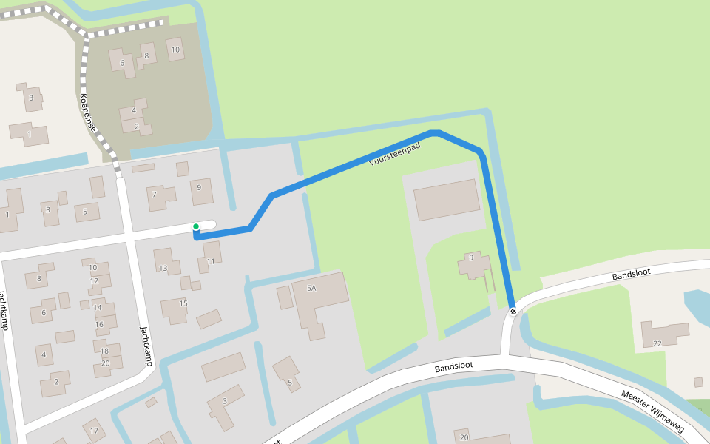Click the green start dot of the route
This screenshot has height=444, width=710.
195,226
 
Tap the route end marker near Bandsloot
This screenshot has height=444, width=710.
513,312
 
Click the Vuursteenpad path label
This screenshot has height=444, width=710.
395,153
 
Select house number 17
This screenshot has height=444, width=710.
94,430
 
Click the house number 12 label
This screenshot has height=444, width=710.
95,281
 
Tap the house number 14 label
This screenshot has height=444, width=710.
98,307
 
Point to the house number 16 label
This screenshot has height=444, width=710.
99,324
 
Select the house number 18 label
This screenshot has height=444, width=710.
104,351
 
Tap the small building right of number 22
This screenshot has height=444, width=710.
698,382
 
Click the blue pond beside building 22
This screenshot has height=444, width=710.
697,307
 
